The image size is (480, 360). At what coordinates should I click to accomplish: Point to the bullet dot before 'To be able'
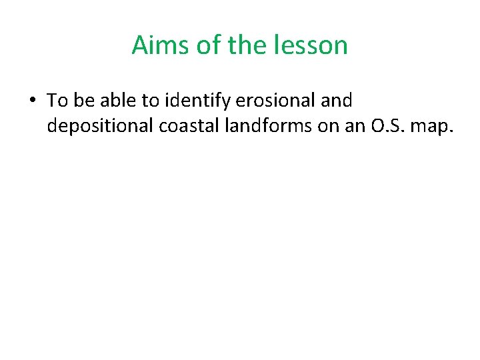coord(32,101)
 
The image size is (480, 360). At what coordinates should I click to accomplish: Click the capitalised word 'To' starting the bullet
coord(57,101)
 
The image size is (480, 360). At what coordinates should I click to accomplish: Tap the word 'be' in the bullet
coord(83,101)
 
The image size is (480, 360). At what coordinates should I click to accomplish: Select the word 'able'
coord(116,101)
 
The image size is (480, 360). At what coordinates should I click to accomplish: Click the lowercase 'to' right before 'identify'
coord(149,101)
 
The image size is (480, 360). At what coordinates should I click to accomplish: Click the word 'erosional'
coord(271,101)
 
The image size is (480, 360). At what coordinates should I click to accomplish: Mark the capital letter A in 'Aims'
coord(140,45)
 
